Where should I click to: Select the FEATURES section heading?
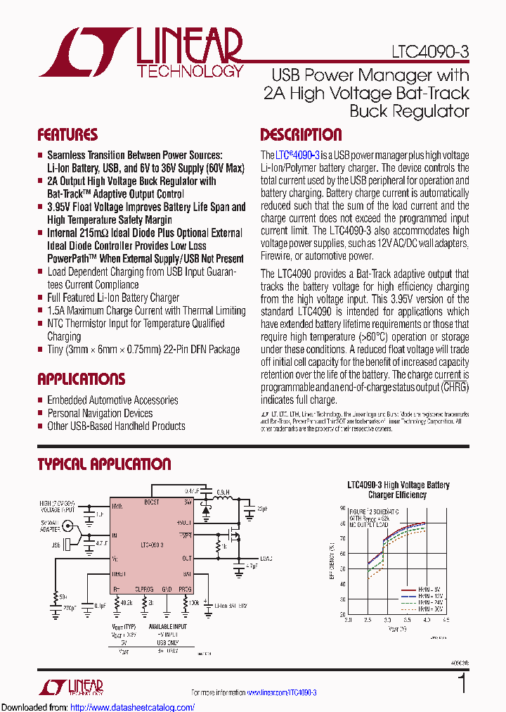pos(67,135)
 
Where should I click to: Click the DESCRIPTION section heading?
pos(301,135)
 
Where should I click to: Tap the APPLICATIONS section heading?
pos(82,380)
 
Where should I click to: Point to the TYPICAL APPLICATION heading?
pos(104,464)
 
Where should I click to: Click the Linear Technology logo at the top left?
pos(141,53)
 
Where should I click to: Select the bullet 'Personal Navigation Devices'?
pos(100,413)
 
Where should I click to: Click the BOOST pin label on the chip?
pos(152,502)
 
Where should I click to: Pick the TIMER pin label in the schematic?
pos(119,574)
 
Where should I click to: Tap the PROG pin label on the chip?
pos(185,589)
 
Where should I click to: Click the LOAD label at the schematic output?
pos(266,559)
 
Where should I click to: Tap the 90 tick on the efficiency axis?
pos(342,507)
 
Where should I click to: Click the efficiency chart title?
pos(398,490)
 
